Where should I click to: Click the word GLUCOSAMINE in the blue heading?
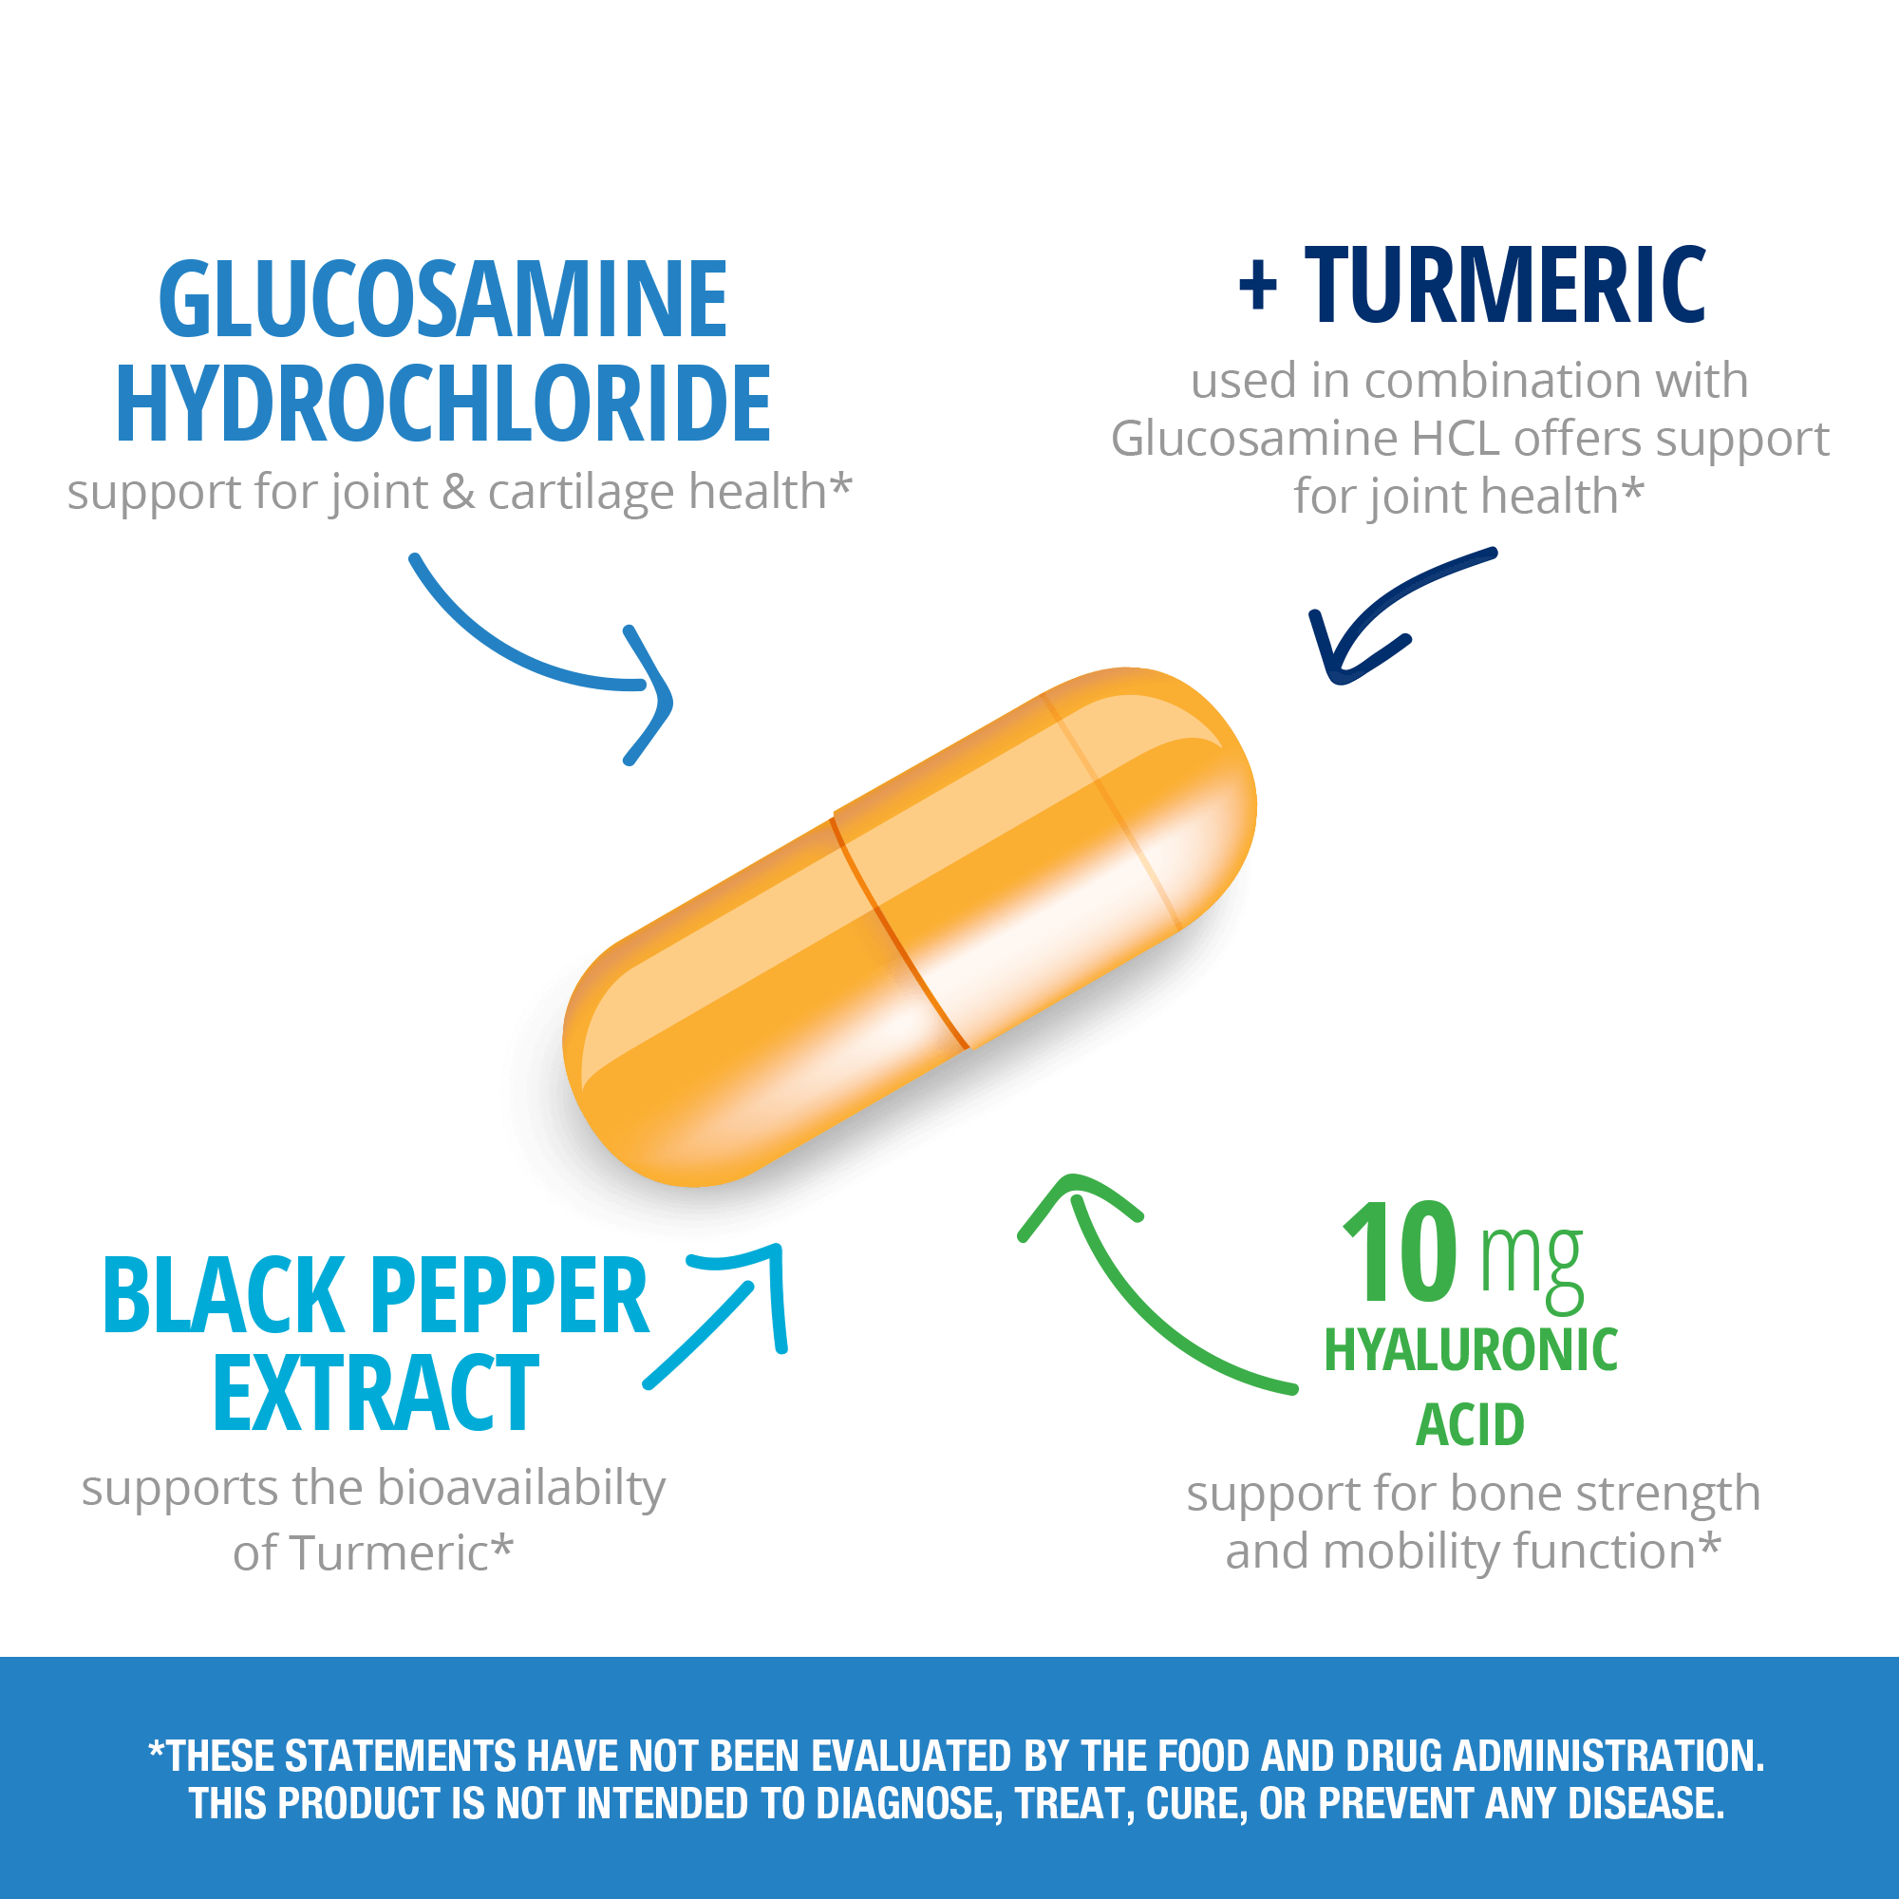(x=442, y=299)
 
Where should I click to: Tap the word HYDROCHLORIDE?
(x=443, y=403)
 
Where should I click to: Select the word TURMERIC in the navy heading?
(x=1505, y=285)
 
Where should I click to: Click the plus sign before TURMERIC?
(x=1258, y=287)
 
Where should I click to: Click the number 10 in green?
(x=1399, y=1251)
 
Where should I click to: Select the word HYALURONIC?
(x=1471, y=1349)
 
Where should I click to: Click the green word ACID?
(x=1470, y=1424)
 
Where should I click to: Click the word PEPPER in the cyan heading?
(x=510, y=1296)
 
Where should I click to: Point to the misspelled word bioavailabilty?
(x=521, y=1490)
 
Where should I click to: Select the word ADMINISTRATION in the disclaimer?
(x=1608, y=1756)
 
